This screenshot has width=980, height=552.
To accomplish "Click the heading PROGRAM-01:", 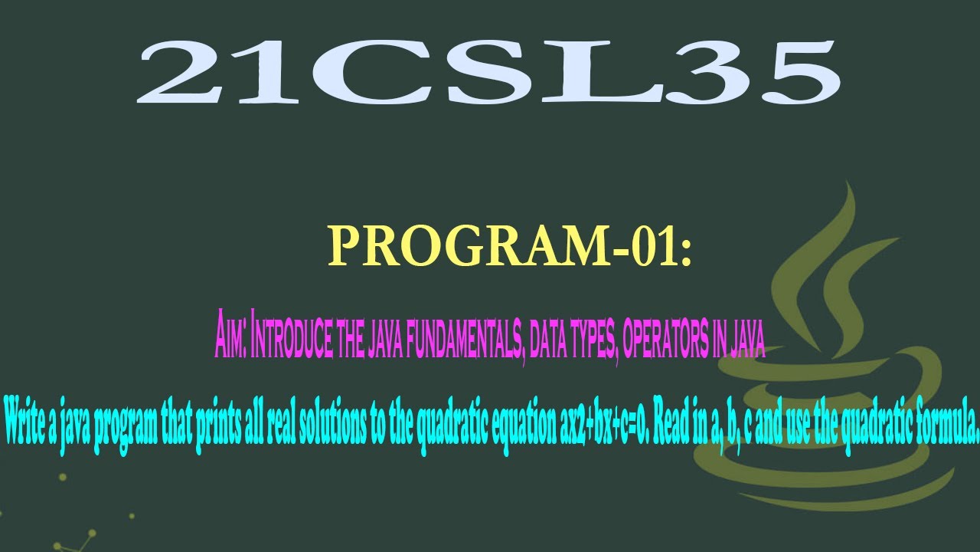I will (x=509, y=246).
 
